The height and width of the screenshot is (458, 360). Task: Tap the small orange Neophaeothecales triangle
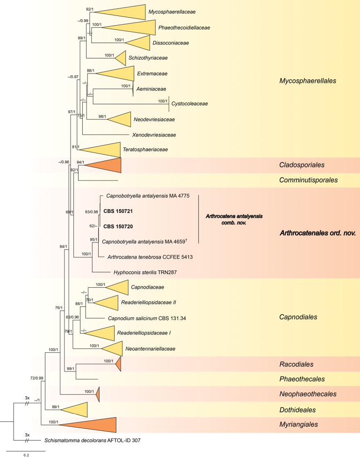tap(98, 394)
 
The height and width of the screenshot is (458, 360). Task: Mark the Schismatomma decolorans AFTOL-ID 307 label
tap(93, 440)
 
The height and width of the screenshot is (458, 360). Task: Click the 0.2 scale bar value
tap(27, 455)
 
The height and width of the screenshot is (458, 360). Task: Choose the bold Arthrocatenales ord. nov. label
tap(317, 233)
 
